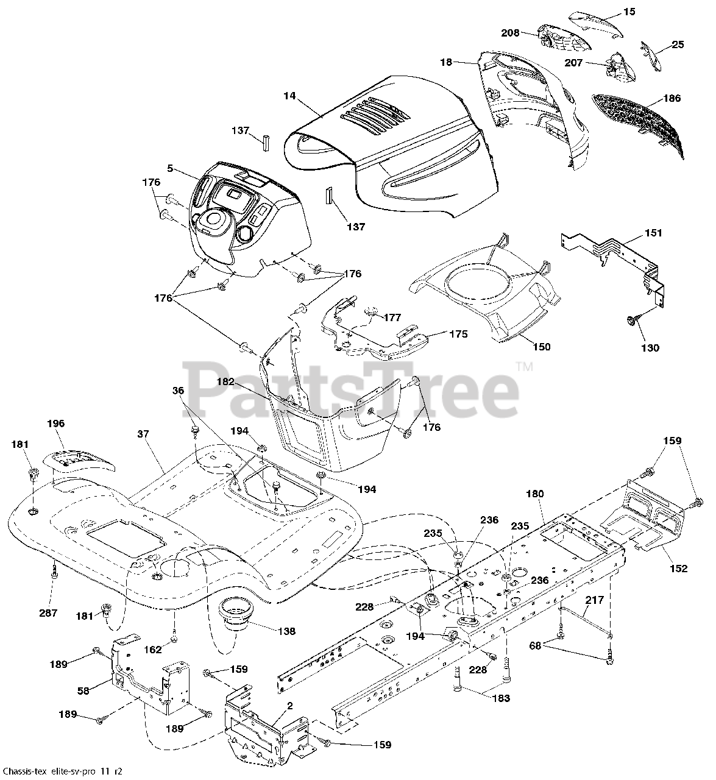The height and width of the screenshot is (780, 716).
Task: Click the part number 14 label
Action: coord(289,95)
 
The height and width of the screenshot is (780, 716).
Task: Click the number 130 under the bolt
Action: coord(650,348)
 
